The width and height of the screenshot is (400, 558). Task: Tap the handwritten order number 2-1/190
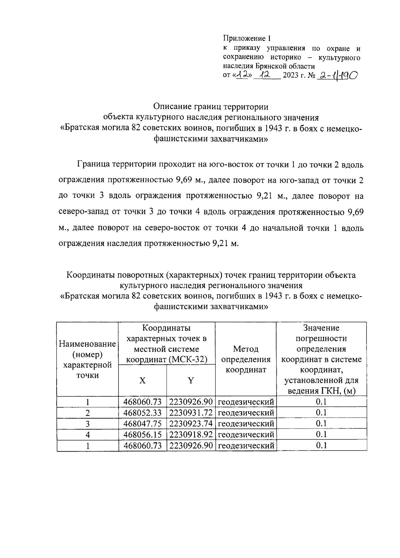tap(337, 76)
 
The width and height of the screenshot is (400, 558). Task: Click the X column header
tap(142, 381)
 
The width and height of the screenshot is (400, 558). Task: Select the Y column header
tap(191, 381)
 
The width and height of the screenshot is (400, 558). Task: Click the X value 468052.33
tap(142, 413)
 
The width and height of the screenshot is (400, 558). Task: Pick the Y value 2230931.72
tap(191, 413)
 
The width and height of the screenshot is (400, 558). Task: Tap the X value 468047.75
tap(142, 424)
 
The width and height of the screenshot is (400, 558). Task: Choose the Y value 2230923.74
tap(191, 424)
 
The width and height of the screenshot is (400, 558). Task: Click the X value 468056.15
tap(142, 435)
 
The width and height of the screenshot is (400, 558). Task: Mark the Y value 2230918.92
tap(191, 435)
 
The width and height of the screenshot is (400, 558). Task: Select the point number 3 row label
tap(88, 424)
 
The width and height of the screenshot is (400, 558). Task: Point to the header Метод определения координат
tap(246, 359)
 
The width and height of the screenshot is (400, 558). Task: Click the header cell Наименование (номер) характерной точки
tap(87, 359)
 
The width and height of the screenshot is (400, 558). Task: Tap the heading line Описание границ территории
tap(211, 107)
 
